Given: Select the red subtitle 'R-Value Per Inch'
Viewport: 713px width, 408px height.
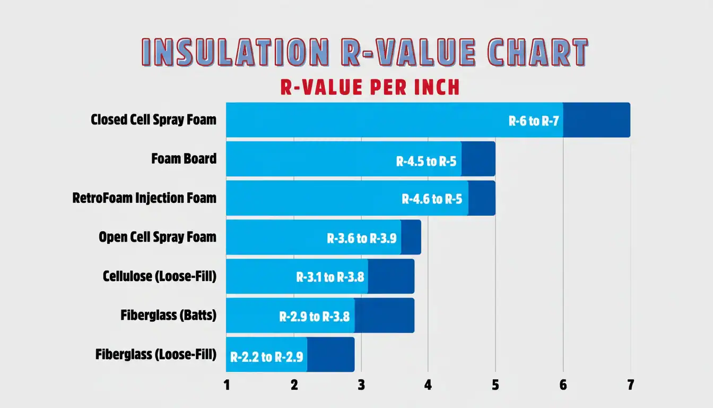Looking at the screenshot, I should [370, 87].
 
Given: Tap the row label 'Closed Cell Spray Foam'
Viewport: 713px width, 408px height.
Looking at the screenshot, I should [153, 120].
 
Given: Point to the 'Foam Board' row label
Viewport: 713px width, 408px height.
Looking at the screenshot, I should [184, 158].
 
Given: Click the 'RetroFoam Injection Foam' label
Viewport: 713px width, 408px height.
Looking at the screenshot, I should [144, 198].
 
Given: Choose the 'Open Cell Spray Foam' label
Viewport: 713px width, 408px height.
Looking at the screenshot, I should [158, 237].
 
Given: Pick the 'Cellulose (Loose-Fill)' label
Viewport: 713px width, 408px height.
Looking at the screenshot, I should [160, 276].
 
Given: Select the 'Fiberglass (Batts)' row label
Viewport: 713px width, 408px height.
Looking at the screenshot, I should [168, 315].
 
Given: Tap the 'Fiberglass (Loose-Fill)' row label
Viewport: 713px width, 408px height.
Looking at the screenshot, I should [156, 354].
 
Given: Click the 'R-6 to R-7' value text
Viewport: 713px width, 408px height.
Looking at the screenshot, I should [534, 121].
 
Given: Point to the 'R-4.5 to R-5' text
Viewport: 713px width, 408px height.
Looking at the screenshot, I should [426, 161].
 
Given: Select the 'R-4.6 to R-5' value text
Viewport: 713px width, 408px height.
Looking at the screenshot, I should [432, 200].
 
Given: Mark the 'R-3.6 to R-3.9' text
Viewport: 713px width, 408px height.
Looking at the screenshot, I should [361, 239].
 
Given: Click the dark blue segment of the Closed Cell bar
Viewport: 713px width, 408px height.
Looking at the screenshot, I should [596, 120].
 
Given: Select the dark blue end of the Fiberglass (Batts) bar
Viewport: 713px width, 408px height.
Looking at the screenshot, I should [384, 315].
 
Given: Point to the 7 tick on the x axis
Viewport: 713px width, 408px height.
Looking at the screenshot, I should [630, 385].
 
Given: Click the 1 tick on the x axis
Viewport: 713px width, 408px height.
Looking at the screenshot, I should [227, 385].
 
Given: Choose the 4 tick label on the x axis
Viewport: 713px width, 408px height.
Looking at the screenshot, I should [428, 385].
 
